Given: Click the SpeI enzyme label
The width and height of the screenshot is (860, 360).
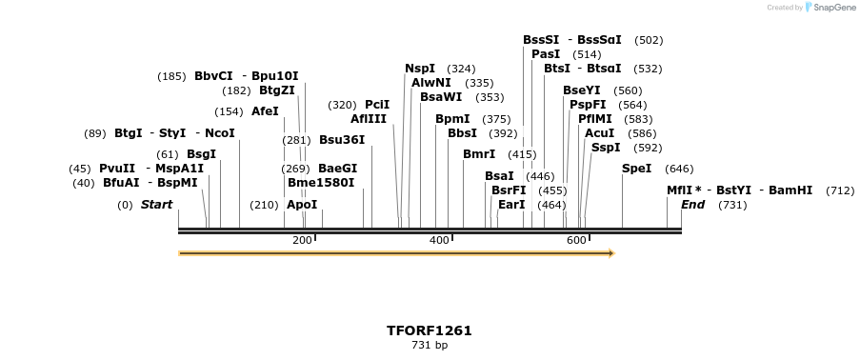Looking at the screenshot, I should (x=636, y=169).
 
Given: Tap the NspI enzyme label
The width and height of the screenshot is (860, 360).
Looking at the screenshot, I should (x=420, y=69).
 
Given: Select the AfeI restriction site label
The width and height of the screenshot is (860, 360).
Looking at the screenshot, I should (x=265, y=111).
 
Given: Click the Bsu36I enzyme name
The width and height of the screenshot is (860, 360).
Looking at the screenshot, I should (x=342, y=140).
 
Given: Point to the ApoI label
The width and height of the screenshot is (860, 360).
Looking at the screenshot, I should (x=302, y=205).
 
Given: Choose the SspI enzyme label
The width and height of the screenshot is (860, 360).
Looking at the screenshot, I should (x=606, y=148).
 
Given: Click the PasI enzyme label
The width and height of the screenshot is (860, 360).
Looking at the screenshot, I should (x=546, y=54).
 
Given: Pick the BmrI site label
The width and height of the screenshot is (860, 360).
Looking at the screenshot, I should (x=479, y=154).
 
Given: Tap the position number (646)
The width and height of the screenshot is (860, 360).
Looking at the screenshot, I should (x=679, y=169).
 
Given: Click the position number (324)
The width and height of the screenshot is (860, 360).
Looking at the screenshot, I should (x=461, y=69).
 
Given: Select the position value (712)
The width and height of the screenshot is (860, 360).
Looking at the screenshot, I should (x=840, y=190).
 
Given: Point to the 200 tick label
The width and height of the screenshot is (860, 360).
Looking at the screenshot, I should (x=302, y=240).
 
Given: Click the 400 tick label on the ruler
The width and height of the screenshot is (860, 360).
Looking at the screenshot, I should (x=439, y=240).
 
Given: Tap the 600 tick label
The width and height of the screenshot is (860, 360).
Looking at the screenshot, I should (x=576, y=240).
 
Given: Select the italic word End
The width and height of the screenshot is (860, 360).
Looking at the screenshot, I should (x=692, y=205).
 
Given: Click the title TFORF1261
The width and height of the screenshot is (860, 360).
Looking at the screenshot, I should (x=429, y=330).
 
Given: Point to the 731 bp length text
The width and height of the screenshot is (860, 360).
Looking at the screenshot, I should (x=429, y=345).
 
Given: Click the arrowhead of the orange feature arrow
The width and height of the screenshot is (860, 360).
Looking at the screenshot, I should (x=610, y=253).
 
